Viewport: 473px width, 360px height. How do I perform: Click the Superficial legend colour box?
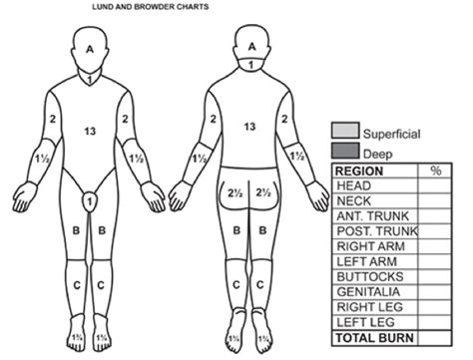(x=345, y=132)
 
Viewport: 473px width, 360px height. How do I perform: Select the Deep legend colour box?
(x=345, y=150)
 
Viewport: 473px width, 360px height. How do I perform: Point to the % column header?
(x=435, y=171)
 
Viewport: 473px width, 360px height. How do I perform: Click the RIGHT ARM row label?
(x=367, y=245)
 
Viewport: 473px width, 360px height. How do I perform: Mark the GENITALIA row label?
(x=368, y=290)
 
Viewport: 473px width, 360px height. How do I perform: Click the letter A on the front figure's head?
(x=91, y=47)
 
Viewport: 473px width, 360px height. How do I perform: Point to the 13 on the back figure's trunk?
(x=250, y=127)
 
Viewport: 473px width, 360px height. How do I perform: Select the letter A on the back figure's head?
(x=252, y=46)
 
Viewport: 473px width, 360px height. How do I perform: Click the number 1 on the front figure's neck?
(x=91, y=77)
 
